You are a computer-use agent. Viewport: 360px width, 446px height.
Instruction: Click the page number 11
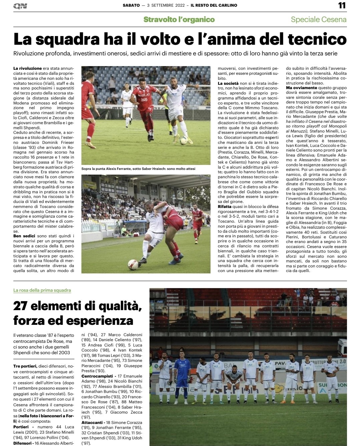point(342,5)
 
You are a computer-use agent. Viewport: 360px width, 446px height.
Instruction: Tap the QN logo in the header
point(20,6)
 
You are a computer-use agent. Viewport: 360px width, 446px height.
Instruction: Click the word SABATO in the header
point(131,5)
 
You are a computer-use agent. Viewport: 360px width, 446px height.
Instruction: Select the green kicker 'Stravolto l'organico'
point(179,19)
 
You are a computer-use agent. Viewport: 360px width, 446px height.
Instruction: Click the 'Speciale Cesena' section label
point(318,19)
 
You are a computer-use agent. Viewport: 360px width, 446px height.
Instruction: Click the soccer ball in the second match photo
point(133,264)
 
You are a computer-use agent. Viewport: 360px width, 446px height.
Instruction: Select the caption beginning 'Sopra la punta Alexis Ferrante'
point(138,169)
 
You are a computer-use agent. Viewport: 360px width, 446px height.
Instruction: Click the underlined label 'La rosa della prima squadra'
point(42,290)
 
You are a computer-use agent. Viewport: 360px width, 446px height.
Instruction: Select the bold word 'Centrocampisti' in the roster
point(97,376)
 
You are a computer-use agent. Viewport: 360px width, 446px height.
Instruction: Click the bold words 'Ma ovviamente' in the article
point(302,88)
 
